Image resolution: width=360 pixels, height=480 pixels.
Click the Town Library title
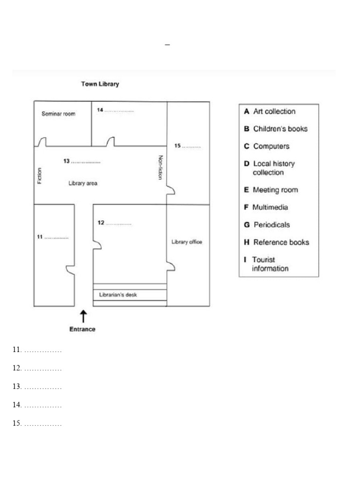pyautogui.click(x=100, y=84)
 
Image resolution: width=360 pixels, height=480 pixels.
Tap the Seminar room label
pyautogui.click(x=59, y=114)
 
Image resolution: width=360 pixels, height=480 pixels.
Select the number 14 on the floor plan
pyautogui.click(x=100, y=110)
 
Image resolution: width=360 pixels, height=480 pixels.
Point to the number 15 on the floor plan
pyautogui.click(x=178, y=146)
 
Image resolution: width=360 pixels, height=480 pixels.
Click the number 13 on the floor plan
pyautogui.click(x=67, y=161)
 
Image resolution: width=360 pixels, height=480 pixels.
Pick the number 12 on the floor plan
pyautogui.click(x=101, y=223)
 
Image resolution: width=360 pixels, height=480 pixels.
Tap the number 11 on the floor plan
pyautogui.click(x=40, y=237)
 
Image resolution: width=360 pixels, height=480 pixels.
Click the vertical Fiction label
pyautogui.click(x=39, y=176)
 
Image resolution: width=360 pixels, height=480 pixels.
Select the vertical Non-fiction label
pyautogui.click(x=160, y=167)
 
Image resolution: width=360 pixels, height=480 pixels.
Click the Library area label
pyautogui.click(x=83, y=183)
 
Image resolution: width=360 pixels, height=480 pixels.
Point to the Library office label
pyautogui.click(x=187, y=242)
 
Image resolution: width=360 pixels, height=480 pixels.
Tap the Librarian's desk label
pyautogui.click(x=117, y=295)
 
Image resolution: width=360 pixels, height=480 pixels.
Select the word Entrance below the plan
pyautogui.click(x=82, y=329)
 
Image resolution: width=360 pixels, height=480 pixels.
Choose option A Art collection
pyautogui.click(x=270, y=112)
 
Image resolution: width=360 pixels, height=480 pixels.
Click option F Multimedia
pyautogui.click(x=266, y=207)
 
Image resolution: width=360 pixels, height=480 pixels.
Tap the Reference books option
pyautogui.click(x=276, y=242)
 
